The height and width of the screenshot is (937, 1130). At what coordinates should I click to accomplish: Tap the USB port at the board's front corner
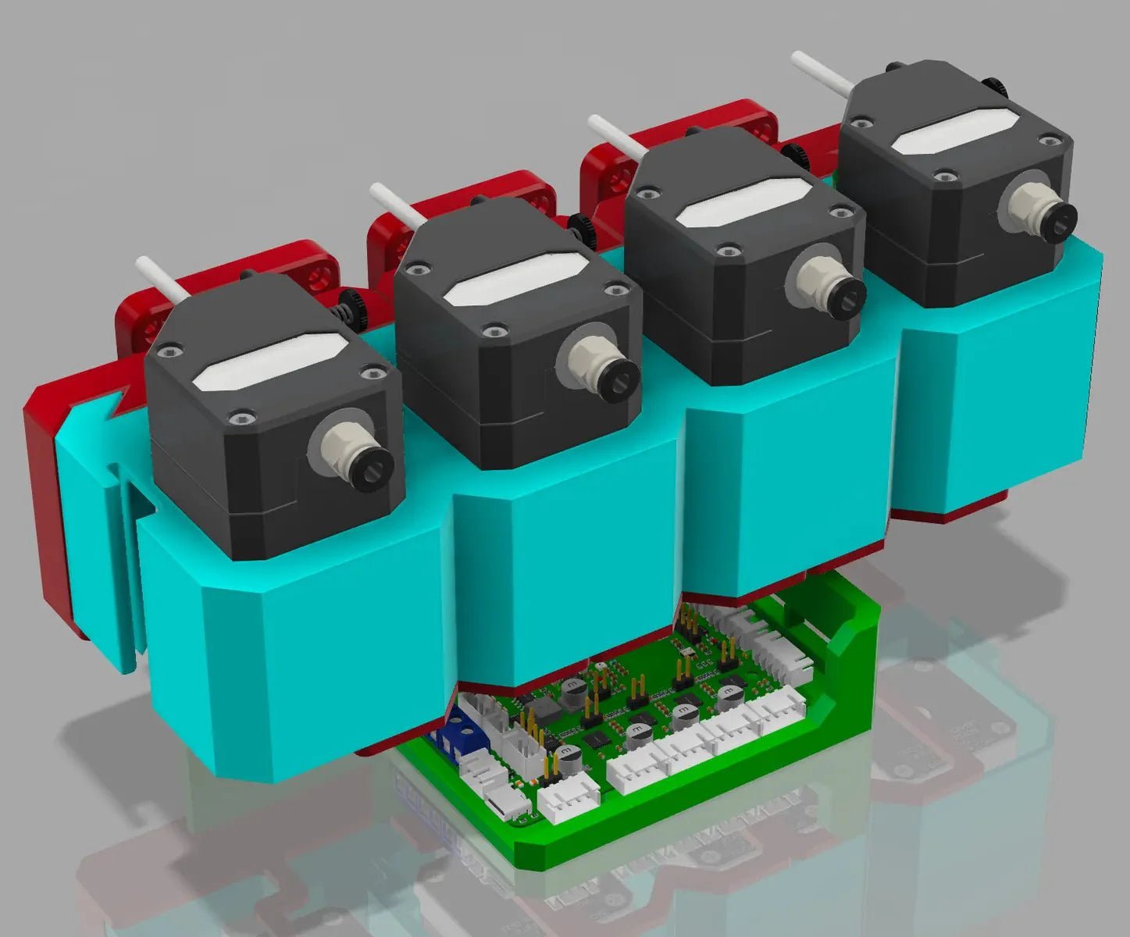501,803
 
